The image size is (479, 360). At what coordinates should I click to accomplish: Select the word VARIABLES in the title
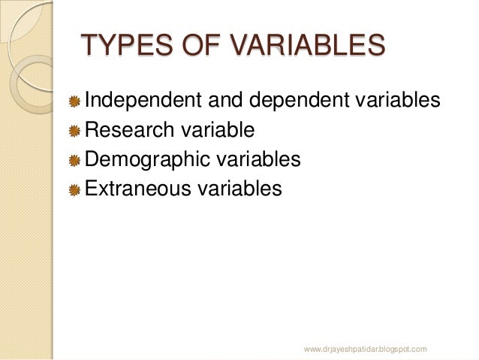pos(299,46)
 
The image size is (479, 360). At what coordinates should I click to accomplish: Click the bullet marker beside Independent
pos(74,102)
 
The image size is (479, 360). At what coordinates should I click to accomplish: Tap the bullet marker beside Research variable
pos(74,132)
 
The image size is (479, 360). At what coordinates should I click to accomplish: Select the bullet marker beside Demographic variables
pos(74,161)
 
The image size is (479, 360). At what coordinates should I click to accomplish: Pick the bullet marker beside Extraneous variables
pos(74,189)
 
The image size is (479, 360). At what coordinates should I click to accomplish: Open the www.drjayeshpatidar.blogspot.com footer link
pos(366,349)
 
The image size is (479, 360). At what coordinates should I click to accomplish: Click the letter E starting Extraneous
pos(91,188)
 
